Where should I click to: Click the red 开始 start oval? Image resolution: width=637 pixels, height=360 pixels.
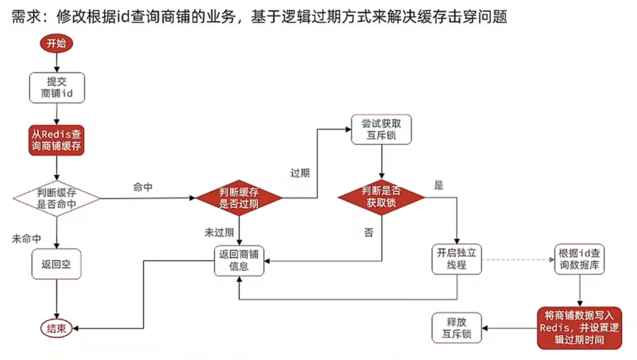pyautogui.click(x=56, y=43)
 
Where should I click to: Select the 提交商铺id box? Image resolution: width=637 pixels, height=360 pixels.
pyautogui.click(x=57, y=88)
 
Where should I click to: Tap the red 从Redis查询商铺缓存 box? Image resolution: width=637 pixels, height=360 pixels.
pyautogui.click(x=56, y=140)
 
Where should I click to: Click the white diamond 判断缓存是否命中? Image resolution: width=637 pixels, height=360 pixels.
pyautogui.click(x=57, y=198)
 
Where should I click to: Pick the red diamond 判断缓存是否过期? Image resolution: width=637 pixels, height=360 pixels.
pyautogui.click(x=239, y=198)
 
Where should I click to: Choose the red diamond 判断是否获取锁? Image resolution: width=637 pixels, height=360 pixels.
pyautogui.click(x=381, y=197)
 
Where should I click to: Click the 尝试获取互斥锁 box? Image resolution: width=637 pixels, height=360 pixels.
pyautogui.click(x=381, y=129)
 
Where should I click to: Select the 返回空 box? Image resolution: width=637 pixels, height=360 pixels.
pyautogui.click(x=56, y=264)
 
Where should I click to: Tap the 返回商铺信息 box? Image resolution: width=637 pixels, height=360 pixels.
pyautogui.click(x=239, y=260)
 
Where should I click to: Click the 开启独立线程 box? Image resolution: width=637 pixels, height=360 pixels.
pyautogui.click(x=457, y=259)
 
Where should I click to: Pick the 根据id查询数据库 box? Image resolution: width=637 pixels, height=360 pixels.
pyautogui.click(x=579, y=259)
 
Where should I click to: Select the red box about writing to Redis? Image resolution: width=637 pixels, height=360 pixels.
pyautogui.click(x=579, y=328)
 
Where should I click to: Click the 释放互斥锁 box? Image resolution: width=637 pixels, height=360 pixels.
pyautogui.click(x=457, y=328)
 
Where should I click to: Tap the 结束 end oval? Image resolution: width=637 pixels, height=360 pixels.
pyautogui.click(x=56, y=329)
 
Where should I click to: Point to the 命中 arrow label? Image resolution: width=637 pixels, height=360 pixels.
pyautogui.click(x=143, y=187)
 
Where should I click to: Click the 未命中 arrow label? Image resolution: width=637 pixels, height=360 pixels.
pyautogui.click(x=26, y=239)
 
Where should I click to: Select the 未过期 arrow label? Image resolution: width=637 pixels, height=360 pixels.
pyautogui.click(x=219, y=233)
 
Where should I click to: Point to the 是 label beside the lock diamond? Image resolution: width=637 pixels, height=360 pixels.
pyautogui.click(x=439, y=185)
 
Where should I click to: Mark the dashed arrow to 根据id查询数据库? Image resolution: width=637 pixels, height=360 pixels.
pyautogui.click(x=518, y=260)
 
